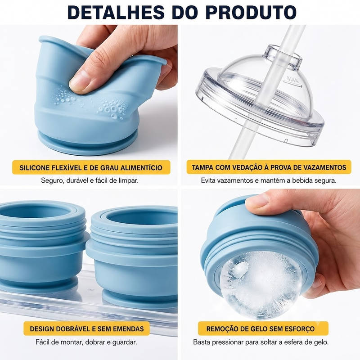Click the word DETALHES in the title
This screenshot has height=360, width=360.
tap(116, 12)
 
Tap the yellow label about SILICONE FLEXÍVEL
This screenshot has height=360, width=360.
tap(91, 167)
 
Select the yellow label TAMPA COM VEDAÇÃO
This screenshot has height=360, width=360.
tap(269, 167)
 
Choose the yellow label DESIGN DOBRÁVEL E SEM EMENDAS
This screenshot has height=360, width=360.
tap(86, 328)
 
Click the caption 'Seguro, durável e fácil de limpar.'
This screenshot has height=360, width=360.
tap(90, 180)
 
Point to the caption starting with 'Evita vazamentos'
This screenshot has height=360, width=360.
tap(269, 180)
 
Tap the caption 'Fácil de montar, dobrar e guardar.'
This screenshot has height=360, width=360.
tap(86, 342)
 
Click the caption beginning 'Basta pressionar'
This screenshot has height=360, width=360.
tap(261, 342)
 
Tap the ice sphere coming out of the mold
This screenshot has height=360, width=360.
tap(261, 285)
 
